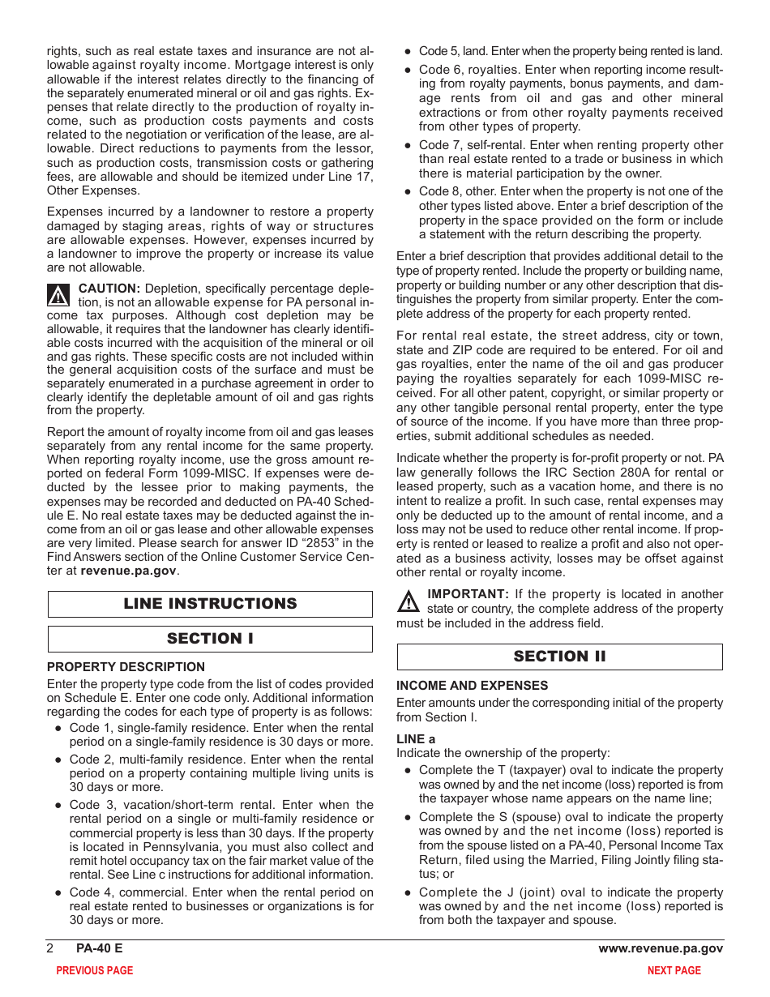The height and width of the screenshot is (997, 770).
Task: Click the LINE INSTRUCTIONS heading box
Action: click(x=210, y=604)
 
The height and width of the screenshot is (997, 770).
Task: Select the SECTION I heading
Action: click(x=210, y=639)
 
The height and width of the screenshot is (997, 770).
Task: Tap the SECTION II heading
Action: click(x=559, y=657)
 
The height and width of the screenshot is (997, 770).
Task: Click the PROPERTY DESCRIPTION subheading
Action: click(x=126, y=667)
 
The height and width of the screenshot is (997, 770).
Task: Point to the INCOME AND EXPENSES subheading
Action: click(x=472, y=686)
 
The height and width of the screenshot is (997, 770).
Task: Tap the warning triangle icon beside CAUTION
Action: click(x=59, y=294)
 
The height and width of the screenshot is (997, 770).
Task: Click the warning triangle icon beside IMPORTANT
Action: click(x=409, y=601)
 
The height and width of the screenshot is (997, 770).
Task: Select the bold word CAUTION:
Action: click(x=109, y=289)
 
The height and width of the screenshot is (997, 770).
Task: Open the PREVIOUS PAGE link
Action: click(x=94, y=970)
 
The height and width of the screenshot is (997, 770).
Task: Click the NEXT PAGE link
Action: click(x=674, y=970)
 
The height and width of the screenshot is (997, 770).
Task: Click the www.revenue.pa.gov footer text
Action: click(x=661, y=948)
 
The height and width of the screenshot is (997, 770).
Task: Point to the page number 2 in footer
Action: click(x=50, y=948)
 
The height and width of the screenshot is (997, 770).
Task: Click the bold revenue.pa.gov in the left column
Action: click(x=128, y=571)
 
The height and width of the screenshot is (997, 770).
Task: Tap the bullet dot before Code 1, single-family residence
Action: click(x=58, y=729)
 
